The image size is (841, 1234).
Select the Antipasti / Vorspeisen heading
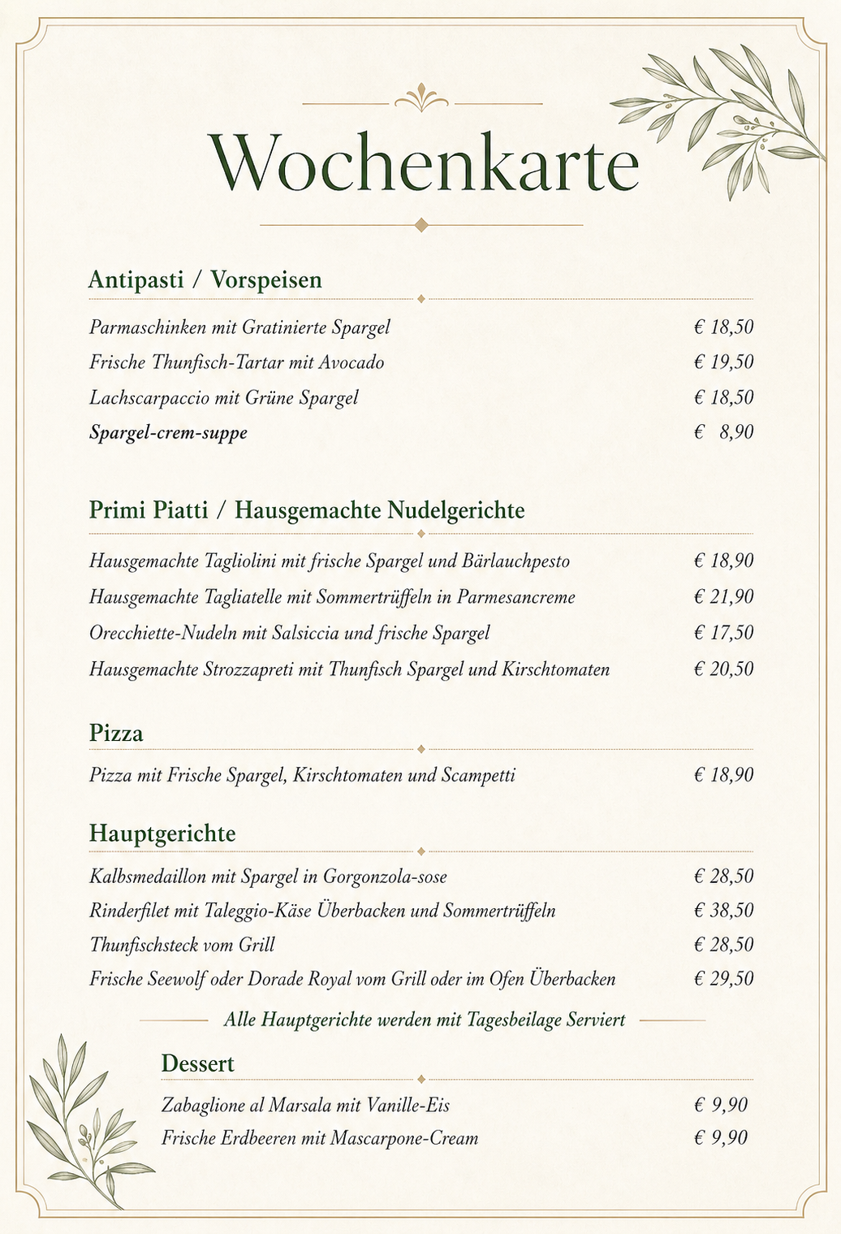point(205,280)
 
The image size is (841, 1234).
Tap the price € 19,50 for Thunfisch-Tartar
point(723,362)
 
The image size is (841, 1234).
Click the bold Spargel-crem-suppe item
point(168,432)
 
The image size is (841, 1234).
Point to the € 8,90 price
point(723,432)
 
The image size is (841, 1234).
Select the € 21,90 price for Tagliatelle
point(723,597)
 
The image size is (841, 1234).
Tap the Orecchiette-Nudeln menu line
point(289,633)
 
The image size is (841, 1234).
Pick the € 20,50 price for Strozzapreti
point(723,669)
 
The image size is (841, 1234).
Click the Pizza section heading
point(116,734)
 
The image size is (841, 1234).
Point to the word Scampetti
point(478,775)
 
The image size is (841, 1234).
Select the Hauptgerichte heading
point(162,833)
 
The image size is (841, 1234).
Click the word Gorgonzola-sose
point(385,877)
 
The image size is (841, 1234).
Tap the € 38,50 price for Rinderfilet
point(723,911)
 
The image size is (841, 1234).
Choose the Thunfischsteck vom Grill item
point(182,945)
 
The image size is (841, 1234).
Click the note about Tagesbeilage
point(424,1020)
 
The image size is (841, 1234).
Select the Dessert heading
point(197,1063)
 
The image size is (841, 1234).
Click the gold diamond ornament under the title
point(420,225)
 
